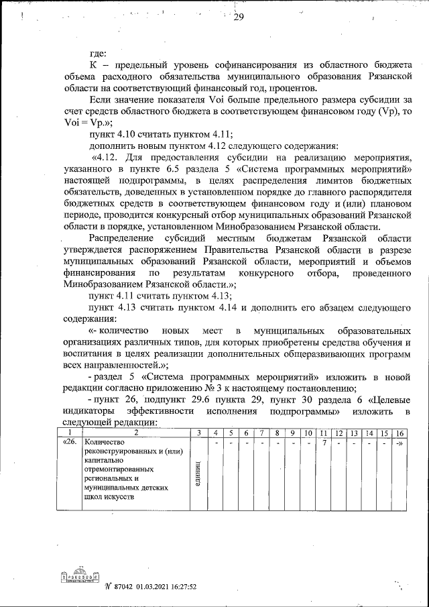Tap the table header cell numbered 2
point(136,433)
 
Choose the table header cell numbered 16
point(400,433)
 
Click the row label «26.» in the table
point(70,443)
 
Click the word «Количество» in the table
point(105,443)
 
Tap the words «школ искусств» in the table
point(110,497)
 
